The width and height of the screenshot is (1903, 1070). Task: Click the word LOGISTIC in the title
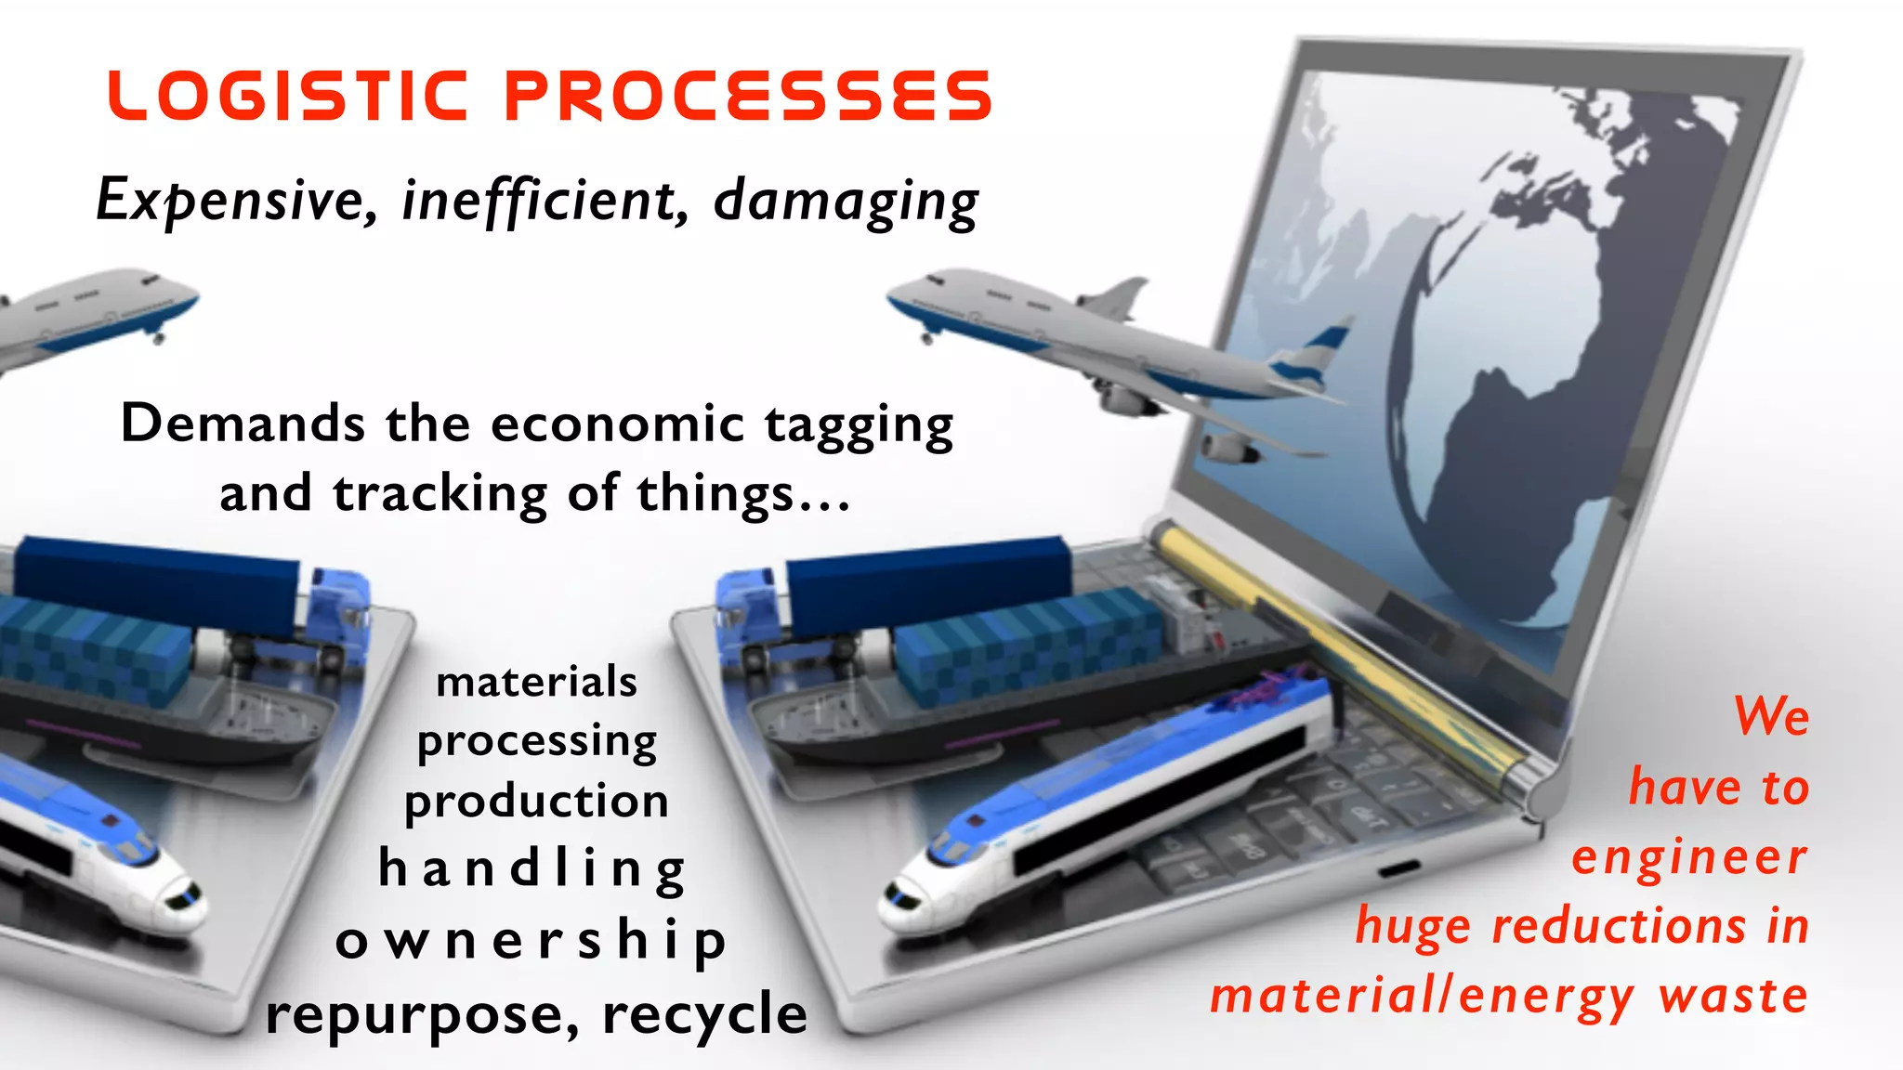[x=288, y=96]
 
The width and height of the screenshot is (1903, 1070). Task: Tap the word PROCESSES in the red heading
[x=749, y=96]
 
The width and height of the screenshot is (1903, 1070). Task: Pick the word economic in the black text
[x=617, y=424]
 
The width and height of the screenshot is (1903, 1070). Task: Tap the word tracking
[x=440, y=493]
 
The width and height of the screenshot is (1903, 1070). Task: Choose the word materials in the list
[x=537, y=682]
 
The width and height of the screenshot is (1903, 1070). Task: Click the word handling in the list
[x=532, y=870]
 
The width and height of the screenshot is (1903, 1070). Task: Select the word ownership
[x=531, y=941]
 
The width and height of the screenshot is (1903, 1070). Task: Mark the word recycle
[x=704, y=1012]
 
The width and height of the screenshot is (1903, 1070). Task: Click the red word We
[x=1771, y=716]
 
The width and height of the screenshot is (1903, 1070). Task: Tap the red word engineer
[x=1689, y=856]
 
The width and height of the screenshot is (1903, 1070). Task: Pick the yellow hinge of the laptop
[x=1338, y=650]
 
